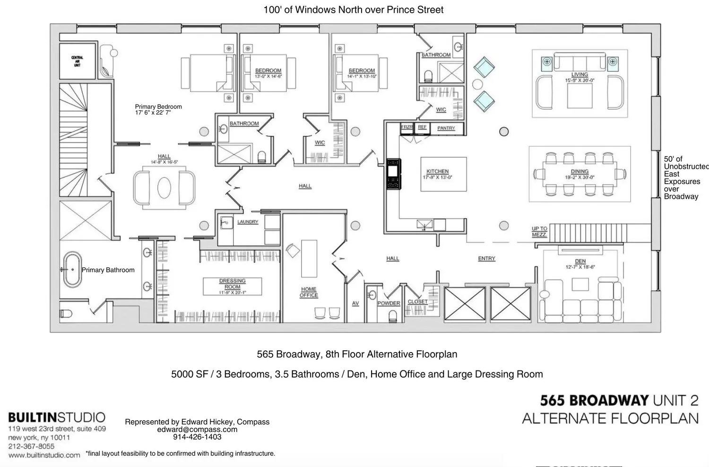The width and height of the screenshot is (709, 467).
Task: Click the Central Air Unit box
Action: click(x=77, y=61)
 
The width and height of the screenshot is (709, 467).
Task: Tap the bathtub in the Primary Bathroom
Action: click(x=72, y=270)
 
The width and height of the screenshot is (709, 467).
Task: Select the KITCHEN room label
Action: click(x=437, y=171)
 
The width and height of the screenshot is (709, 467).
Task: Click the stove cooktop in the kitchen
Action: click(x=393, y=174)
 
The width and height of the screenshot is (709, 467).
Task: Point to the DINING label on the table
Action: click(x=579, y=172)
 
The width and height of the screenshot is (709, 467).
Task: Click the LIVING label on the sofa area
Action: click(x=579, y=75)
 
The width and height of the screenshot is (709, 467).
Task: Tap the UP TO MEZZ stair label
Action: click(x=539, y=231)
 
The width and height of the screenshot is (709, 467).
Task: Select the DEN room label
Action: click(x=580, y=261)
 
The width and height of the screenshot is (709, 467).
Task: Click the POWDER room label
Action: click(x=389, y=303)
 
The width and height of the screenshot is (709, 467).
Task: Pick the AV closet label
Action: click(x=355, y=303)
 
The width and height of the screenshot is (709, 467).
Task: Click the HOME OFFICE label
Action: click(x=309, y=292)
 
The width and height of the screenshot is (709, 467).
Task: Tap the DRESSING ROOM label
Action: click(x=232, y=283)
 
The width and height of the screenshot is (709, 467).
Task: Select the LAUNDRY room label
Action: click(x=248, y=222)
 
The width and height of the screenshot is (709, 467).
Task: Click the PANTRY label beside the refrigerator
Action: click(x=446, y=128)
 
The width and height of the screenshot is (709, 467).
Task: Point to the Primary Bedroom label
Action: click(x=158, y=107)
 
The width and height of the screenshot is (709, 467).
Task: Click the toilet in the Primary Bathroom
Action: click(x=66, y=314)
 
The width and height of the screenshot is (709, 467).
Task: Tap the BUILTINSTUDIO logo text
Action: click(x=57, y=417)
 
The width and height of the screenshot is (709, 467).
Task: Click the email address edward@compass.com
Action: click(x=197, y=430)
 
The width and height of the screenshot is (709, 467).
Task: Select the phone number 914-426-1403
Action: click(x=197, y=437)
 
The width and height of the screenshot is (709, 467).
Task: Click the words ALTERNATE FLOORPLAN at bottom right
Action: click(x=610, y=419)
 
